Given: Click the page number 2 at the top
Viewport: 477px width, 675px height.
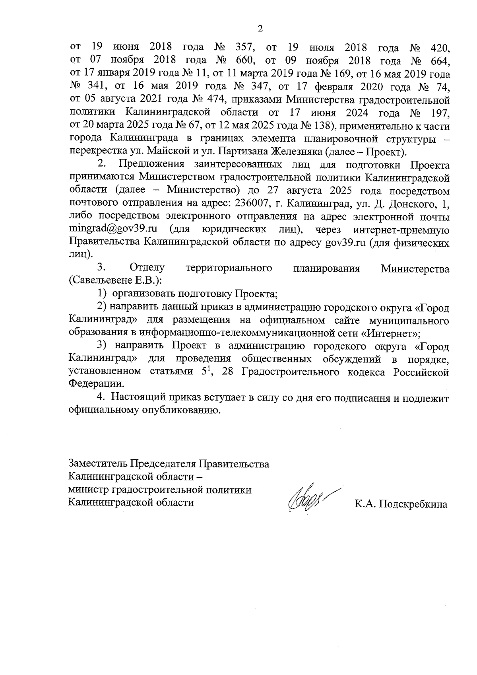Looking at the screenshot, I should pyautogui.click(x=260, y=29).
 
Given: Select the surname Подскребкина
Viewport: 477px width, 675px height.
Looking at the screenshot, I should pyautogui.click(x=413, y=505).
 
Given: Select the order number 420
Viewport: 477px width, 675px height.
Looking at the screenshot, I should pyautogui.click(x=440, y=48).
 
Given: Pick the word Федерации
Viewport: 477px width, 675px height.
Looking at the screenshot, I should pyautogui.click(x=96, y=385).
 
